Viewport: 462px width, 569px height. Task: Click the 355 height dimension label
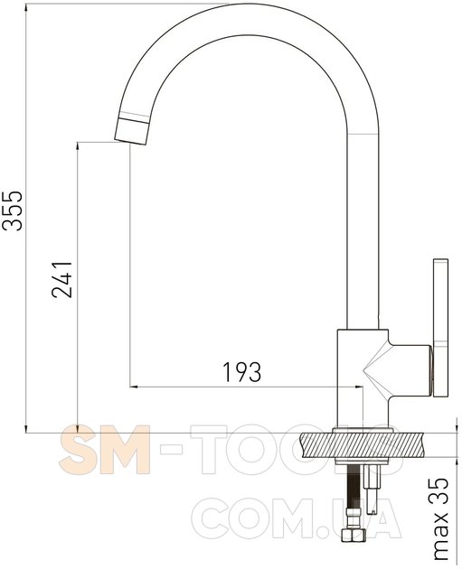pyautogui.click(x=12, y=210)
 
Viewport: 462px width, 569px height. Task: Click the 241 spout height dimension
pyautogui.click(x=62, y=279)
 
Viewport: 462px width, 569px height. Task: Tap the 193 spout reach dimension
pyautogui.click(x=241, y=371)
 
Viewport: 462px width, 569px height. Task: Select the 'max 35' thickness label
pyautogui.click(x=440, y=519)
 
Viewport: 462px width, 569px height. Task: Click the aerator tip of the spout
pyautogui.click(x=131, y=131)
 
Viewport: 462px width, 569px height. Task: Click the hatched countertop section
pyautogui.click(x=363, y=445)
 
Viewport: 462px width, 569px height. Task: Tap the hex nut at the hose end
pyautogui.click(x=353, y=535)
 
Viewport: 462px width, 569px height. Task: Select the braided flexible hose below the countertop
pyautogui.click(x=353, y=497)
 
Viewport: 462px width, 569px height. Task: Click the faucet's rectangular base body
pyautogui.click(x=363, y=378)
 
